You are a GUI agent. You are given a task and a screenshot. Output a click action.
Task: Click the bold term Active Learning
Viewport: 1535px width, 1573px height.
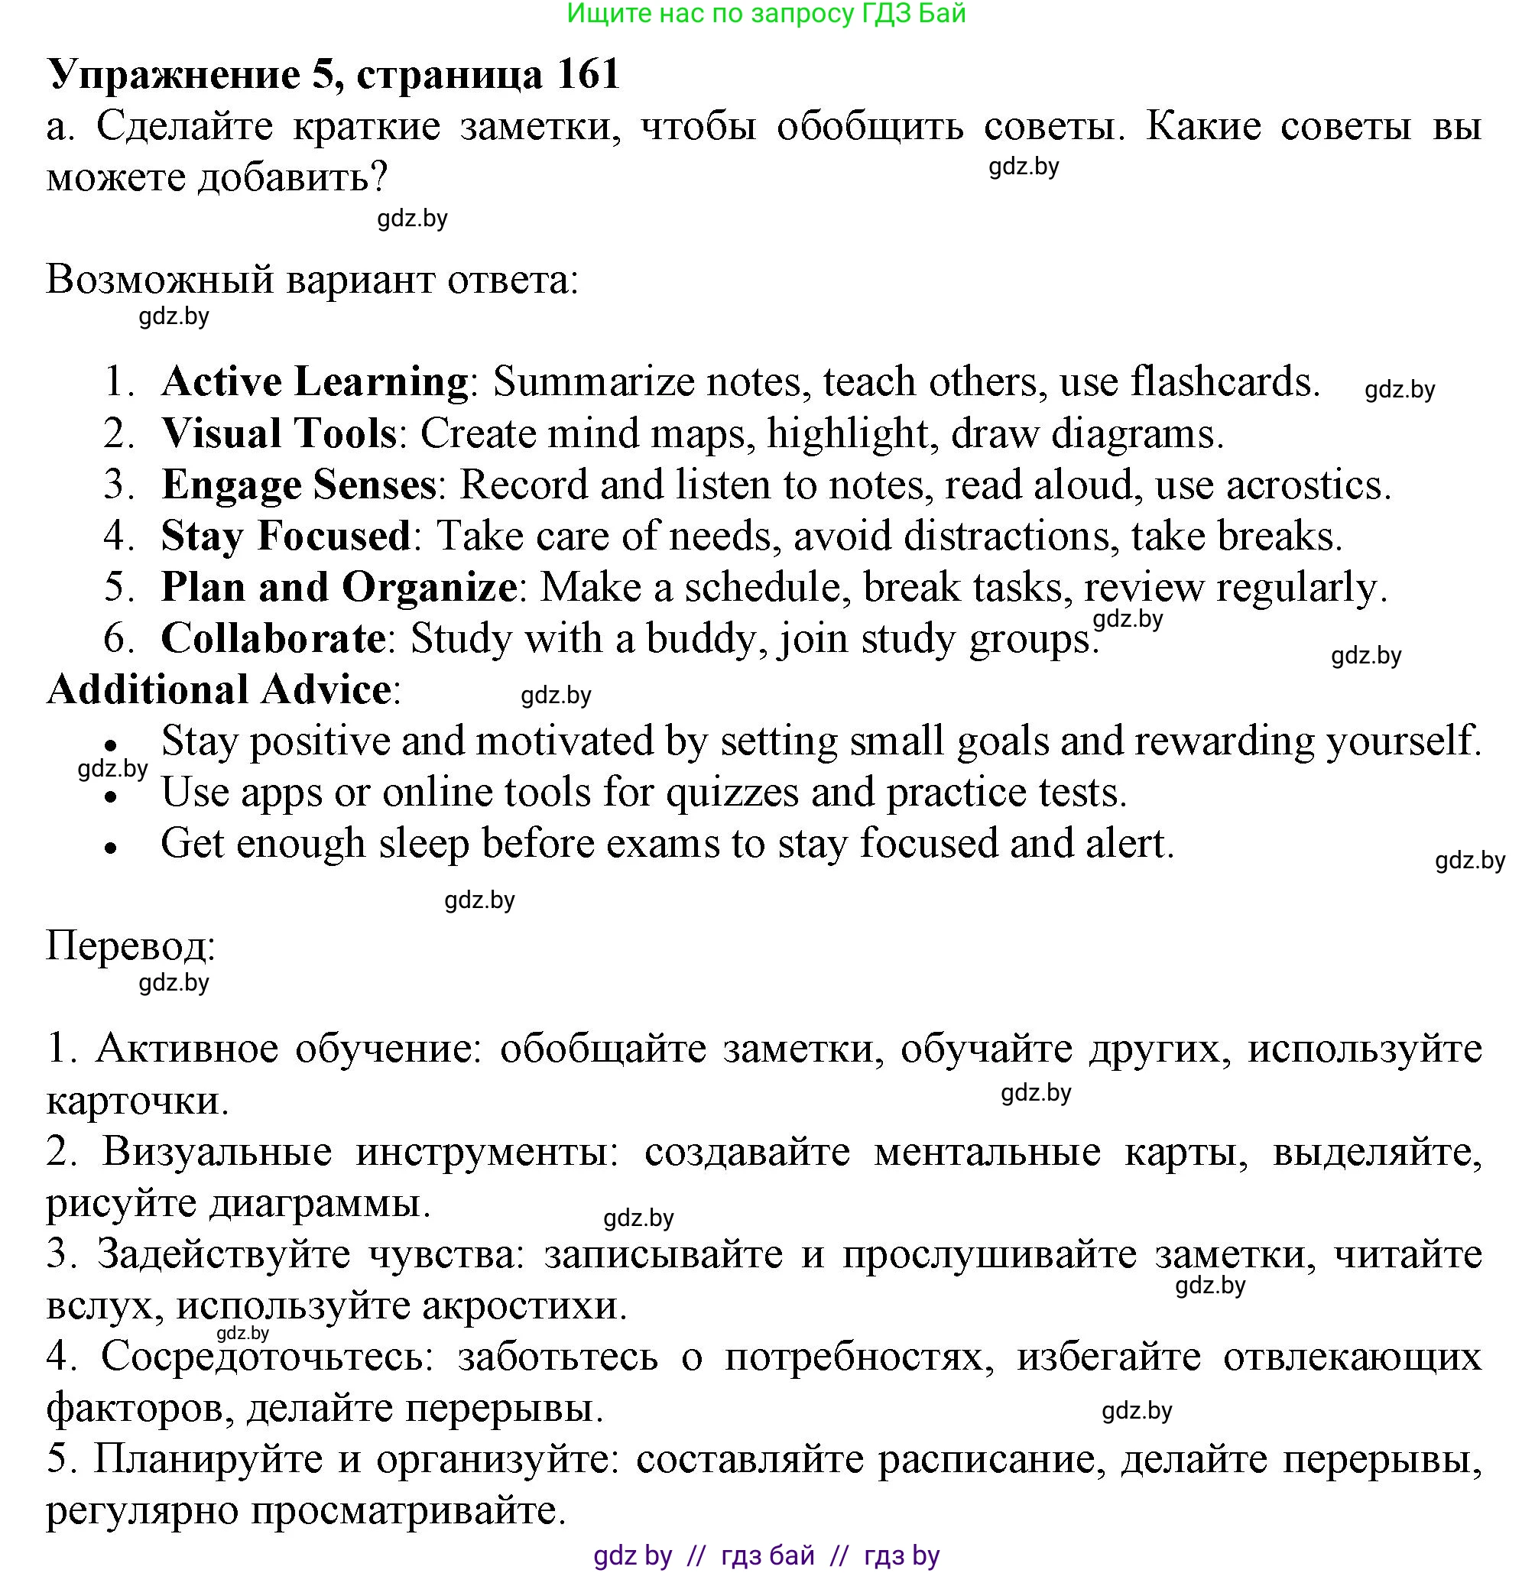click(314, 381)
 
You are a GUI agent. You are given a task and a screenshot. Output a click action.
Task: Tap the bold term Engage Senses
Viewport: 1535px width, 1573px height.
click(298, 485)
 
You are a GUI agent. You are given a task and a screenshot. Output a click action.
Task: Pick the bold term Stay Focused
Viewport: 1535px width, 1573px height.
click(285, 536)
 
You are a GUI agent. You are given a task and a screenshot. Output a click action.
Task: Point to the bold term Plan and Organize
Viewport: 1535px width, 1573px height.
click(339, 587)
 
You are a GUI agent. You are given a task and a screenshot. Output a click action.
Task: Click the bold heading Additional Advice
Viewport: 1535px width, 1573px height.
click(219, 690)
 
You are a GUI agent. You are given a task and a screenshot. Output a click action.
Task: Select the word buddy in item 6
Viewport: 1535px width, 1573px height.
click(705, 638)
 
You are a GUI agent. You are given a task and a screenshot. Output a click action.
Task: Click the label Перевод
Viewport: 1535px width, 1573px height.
click(131, 945)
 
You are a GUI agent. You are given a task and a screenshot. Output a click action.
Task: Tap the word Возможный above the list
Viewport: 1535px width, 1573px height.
click(161, 280)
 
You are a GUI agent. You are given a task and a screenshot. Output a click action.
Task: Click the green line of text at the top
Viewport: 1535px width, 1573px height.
click(766, 14)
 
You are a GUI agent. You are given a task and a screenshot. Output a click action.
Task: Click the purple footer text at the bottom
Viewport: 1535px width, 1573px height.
click(766, 1555)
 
